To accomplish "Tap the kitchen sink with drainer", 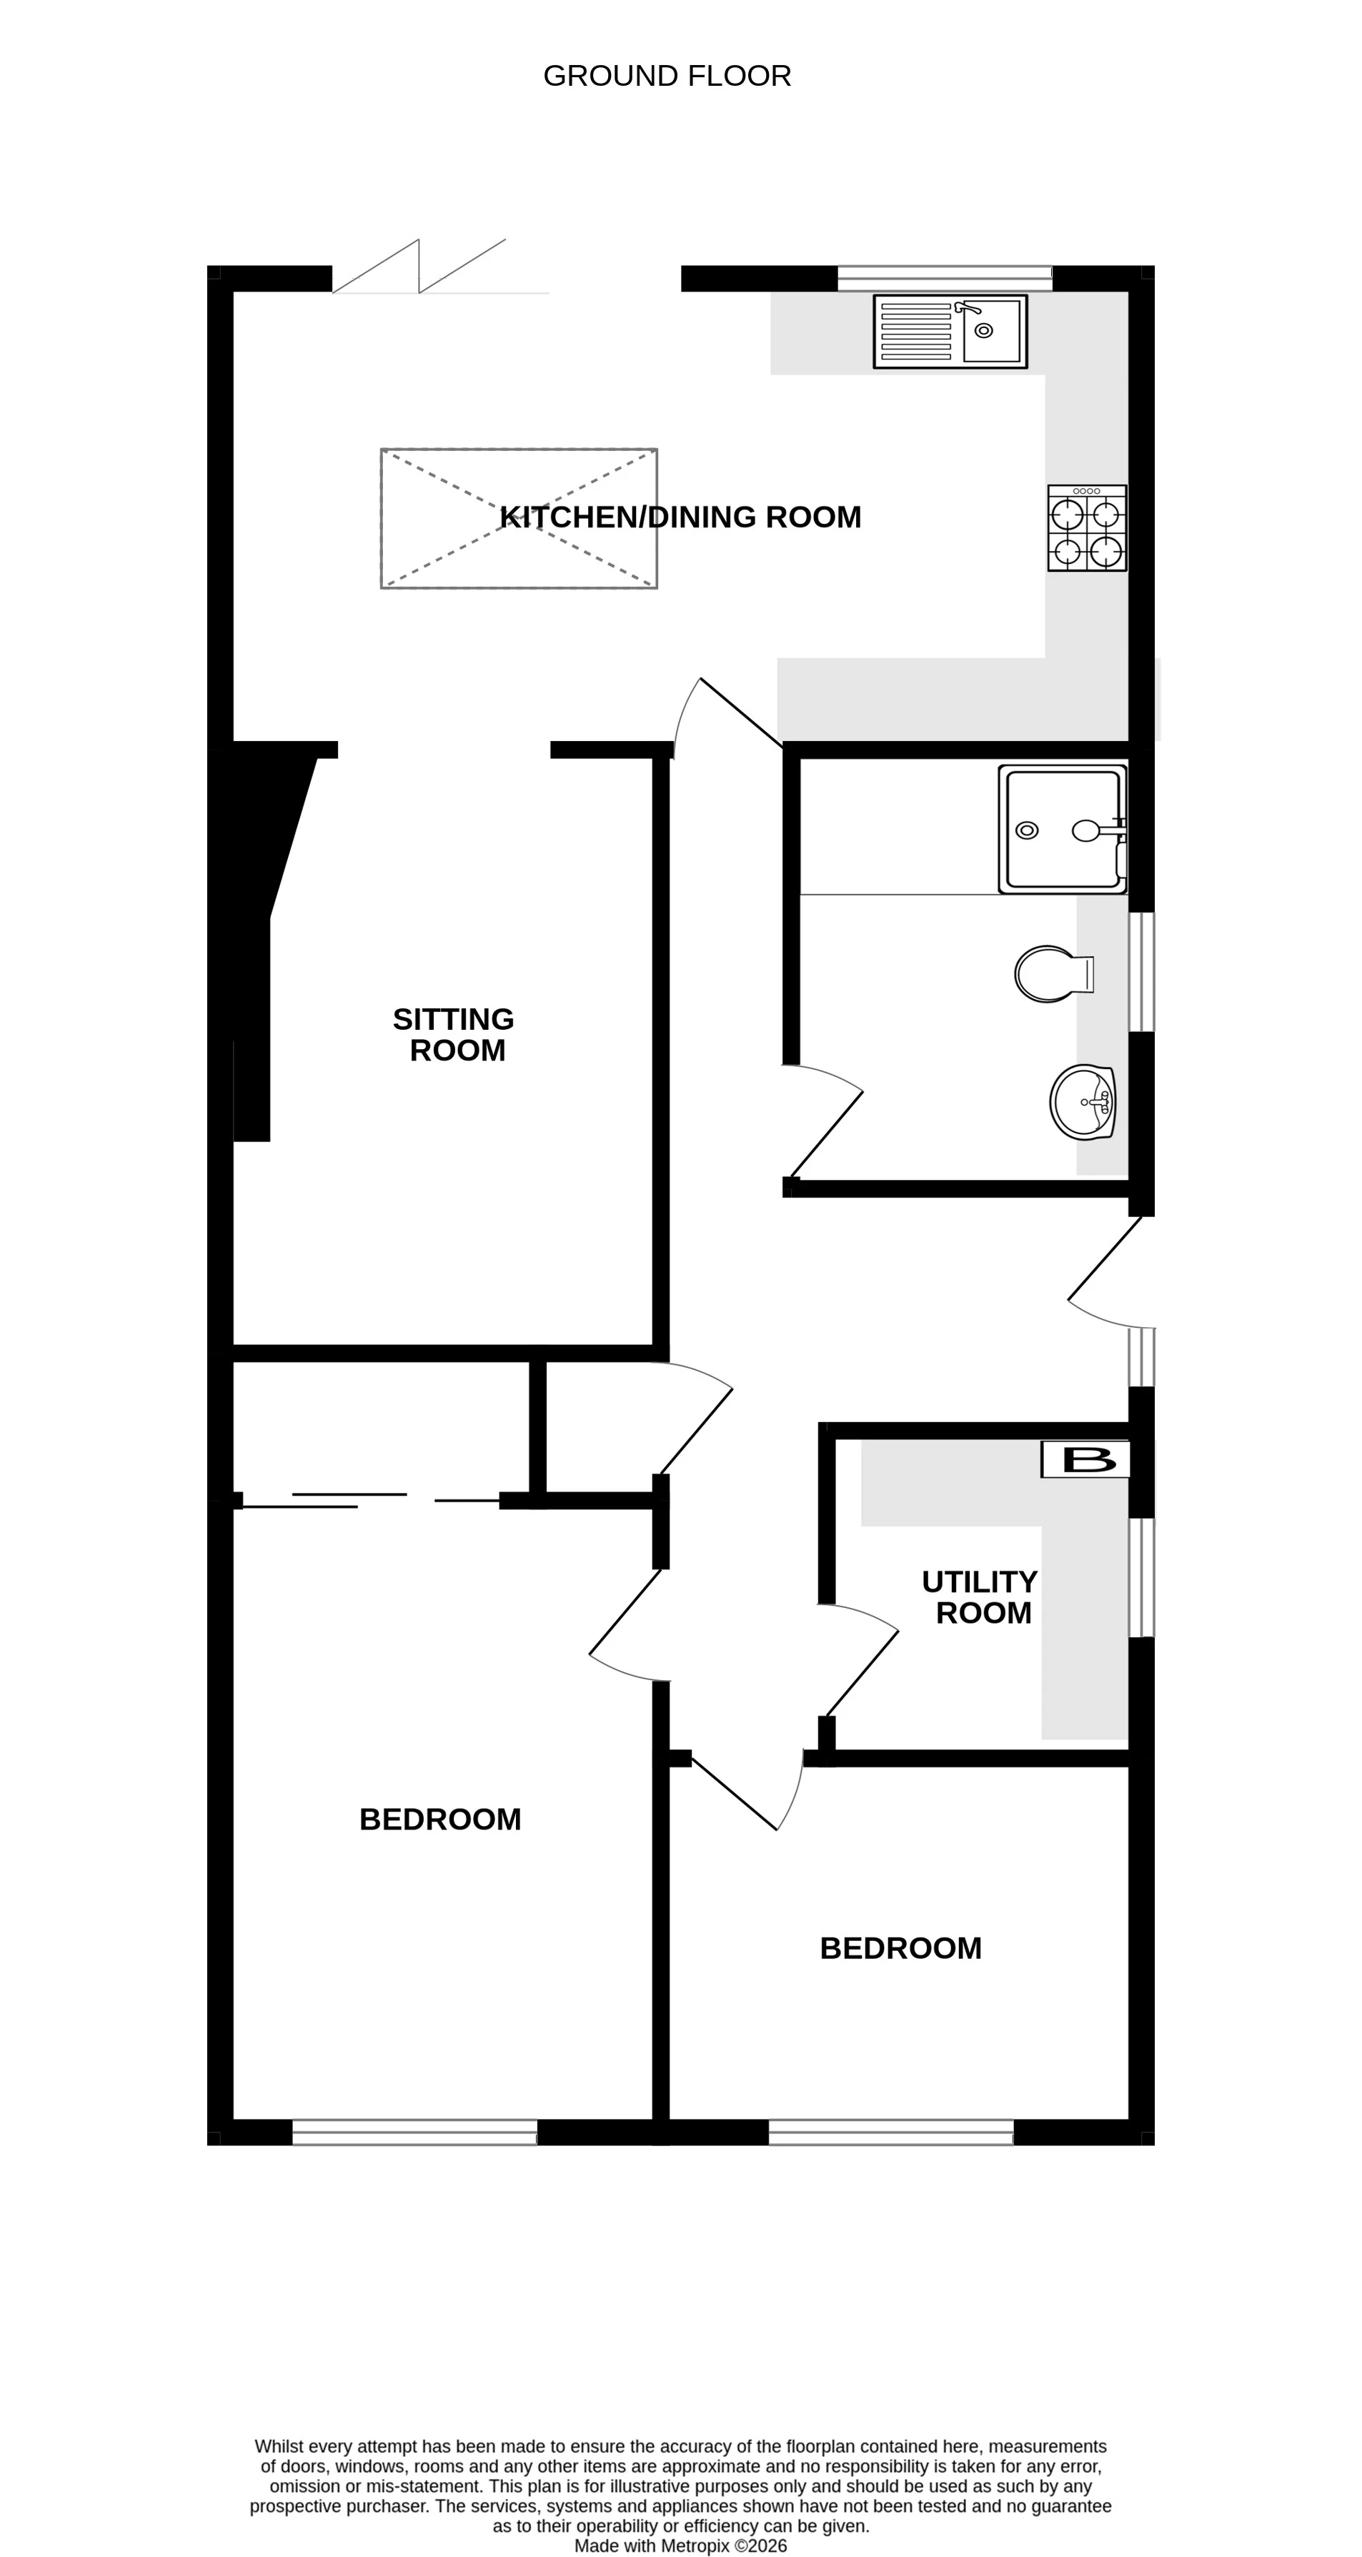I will coord(950,332).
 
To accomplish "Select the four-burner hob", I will coord(1087,528).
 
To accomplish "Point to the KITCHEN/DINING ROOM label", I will coord(680,517).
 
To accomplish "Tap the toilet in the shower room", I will coord(1050,974).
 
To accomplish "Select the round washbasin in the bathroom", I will coord(1082,1102).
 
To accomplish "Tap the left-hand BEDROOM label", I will coord(439,1819).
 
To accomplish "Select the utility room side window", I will coord(1142,1577).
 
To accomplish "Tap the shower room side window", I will coord(1142,972).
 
